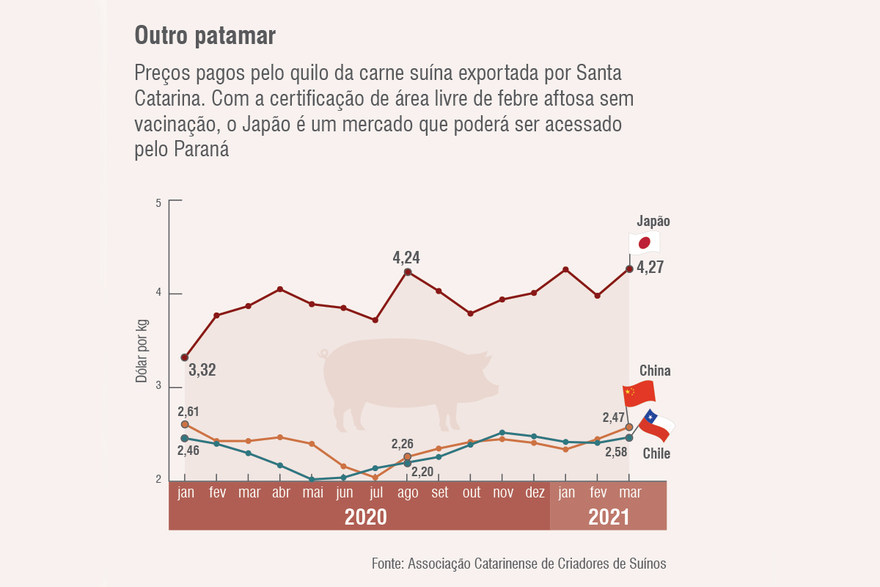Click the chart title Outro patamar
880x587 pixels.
205,36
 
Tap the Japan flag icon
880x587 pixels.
645,243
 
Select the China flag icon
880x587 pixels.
639,394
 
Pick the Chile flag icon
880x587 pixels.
656,426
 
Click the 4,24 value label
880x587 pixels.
406,258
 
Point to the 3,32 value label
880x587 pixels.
202,370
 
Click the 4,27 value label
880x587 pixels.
650,268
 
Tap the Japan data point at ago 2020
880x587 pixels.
408,272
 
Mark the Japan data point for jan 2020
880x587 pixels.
185,357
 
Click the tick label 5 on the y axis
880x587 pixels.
158,202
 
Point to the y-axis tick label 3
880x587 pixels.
158,387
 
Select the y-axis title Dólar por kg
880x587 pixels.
142,351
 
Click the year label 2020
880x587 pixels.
366,517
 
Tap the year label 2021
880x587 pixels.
609,517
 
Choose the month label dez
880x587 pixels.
535,492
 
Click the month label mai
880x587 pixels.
313,492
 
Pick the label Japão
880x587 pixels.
653,222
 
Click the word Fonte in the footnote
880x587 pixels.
386,564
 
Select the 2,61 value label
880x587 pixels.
188,412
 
